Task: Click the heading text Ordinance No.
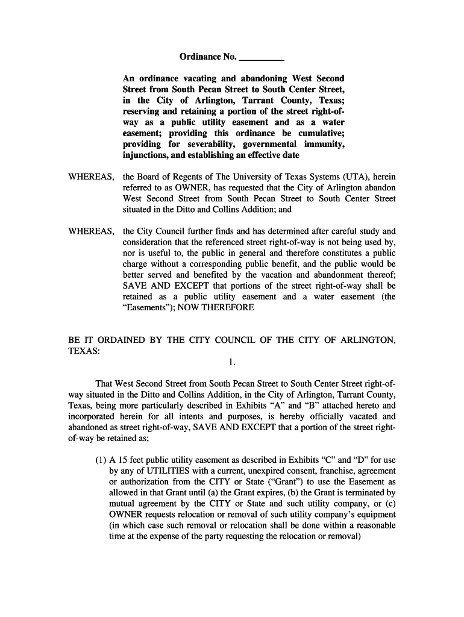pos(208,57)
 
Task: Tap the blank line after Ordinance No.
pos(262,58)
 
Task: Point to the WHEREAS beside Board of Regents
pos(91,177)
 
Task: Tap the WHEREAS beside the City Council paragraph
pos(91,231)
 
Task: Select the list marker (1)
pos(101,460)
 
